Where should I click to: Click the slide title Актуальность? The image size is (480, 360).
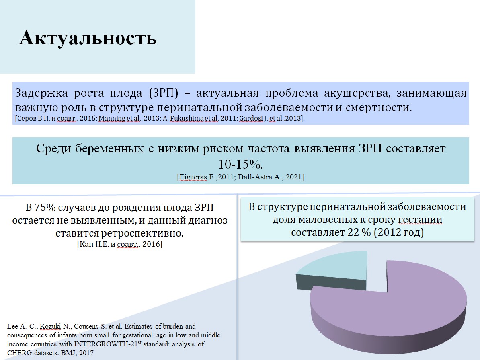[x=88, y=38]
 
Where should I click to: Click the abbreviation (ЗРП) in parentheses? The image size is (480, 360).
[x=164, y=93]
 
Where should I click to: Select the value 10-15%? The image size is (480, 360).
[x=240, y=164]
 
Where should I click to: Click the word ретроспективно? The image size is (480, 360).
[x=142, y=233]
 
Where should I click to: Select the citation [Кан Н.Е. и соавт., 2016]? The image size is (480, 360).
[x=120, y=244]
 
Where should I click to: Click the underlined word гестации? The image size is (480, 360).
[x=420, y=220]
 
